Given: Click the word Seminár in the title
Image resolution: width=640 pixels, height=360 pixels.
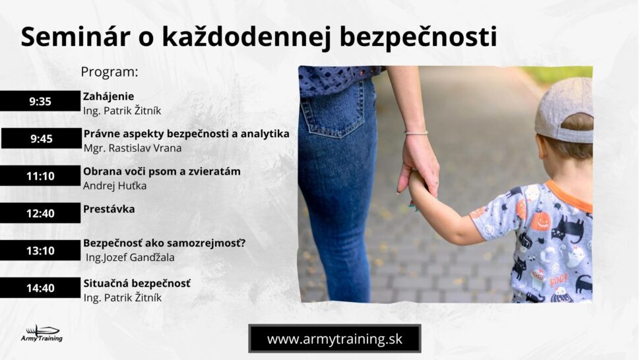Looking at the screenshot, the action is coord(75,37).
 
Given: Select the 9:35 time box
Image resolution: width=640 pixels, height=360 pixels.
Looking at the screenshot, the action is coord(40,101).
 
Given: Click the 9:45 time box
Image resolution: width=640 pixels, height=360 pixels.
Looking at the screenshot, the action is coord(41,138).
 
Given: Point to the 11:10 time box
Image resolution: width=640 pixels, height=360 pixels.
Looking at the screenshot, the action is coord(40,176).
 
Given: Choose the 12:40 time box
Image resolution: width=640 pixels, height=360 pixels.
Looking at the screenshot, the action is coord(40,213).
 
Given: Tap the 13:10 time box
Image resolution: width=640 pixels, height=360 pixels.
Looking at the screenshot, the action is coord(40,251).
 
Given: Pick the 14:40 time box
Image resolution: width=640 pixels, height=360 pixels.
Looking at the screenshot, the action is coord(40,288).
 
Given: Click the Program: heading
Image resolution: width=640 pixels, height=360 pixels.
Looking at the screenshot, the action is coord(110,72).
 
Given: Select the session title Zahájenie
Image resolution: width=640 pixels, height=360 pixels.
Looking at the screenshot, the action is coord(109,97).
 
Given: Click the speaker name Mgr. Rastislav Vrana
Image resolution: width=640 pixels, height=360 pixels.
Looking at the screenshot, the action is coord(133,148).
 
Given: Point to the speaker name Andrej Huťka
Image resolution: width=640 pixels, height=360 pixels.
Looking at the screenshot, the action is coord(115,185).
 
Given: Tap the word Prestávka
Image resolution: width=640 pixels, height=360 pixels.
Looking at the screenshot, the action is coord(109,209).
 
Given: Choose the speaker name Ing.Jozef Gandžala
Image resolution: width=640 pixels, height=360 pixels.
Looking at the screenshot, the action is coord(130,258).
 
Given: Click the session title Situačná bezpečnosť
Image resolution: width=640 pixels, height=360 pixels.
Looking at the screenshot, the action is coord(137,284).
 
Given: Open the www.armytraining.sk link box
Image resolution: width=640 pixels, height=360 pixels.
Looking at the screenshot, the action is coord(335,339).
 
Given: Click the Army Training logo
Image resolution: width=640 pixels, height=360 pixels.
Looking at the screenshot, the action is coord(42,334).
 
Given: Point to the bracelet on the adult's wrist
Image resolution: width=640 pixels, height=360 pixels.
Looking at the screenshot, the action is coord(416,133).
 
